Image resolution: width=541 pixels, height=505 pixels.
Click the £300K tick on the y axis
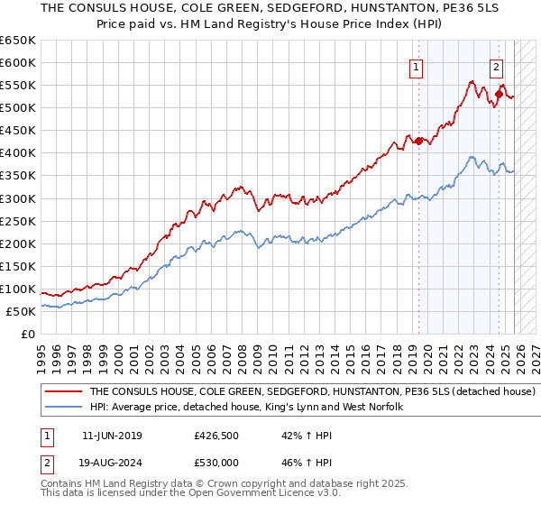(18, 198)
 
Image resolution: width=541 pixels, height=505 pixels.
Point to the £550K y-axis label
(18, 85)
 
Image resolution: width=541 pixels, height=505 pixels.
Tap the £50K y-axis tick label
(22, 311)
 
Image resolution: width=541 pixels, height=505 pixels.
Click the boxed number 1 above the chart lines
(416, 66)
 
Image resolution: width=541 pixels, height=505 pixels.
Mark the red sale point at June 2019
(418, 141)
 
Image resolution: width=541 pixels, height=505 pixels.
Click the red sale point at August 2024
(499, 94)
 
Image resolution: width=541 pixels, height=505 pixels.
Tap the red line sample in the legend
(63, 392)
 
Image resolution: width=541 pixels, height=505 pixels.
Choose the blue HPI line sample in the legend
(63, 408)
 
